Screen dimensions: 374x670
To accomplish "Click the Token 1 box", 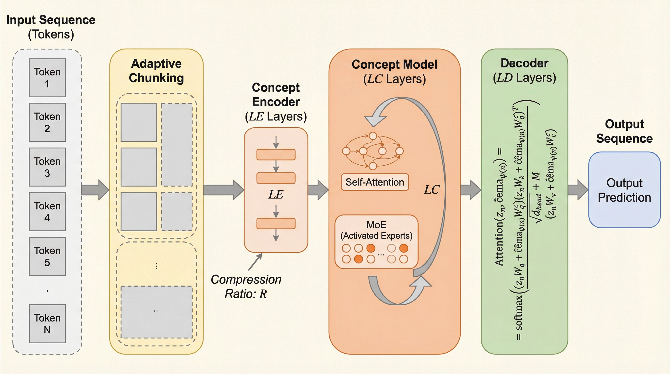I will click(47, 78).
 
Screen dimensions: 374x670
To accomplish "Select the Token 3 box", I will click(47, 167).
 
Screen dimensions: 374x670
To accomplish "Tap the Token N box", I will click(47, 324).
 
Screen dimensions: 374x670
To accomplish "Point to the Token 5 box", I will click(47, 256).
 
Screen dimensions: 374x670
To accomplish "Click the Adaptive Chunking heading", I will click(156, 71).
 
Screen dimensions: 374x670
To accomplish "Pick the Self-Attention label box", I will click(374, 182).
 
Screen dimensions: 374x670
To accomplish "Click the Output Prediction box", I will click(624, 190).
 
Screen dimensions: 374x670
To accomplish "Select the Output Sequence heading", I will click(624, 131).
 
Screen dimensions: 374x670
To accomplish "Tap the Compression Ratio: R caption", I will click(246, 287).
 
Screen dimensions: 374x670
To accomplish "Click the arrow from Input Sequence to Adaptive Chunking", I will click(95, 190).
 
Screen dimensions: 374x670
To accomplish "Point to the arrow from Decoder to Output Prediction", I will click(578, 190).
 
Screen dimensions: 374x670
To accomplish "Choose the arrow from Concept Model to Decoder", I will click(470, 190).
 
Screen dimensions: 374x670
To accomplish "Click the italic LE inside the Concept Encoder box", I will click(276, 195).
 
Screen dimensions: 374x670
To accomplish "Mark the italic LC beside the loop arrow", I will click(431, 190).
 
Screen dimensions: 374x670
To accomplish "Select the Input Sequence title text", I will click(51, 20).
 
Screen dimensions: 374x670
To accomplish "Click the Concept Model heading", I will click(394, 65).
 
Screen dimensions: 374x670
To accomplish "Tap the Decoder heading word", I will click(524, 63).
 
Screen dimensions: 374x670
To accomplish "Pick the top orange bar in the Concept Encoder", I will click(276, 154).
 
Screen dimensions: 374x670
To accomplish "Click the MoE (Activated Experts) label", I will click(376, 230).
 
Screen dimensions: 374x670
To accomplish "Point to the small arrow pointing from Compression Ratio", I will click(255, 262).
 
